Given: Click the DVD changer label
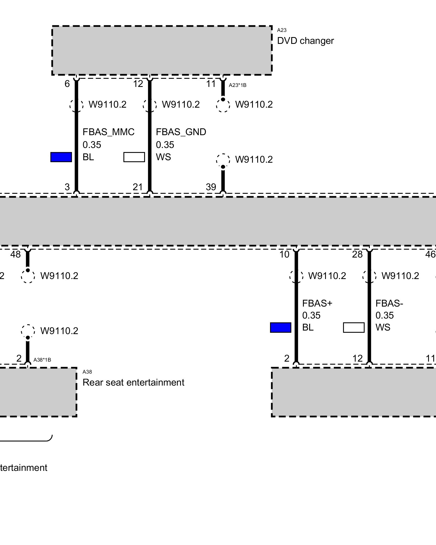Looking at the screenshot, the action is point(305,41).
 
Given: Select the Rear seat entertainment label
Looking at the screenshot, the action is point(133,382).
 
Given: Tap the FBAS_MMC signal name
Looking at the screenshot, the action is point(108,132).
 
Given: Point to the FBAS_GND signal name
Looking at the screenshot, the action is point(181,132).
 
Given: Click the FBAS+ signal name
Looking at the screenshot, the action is point(317,303).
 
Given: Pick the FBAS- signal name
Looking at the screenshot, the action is point(389,303).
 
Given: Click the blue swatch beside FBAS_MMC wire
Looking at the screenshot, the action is point(61,157).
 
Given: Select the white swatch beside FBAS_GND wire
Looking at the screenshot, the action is point(134,157).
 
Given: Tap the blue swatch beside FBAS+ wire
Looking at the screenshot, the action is point(281,328).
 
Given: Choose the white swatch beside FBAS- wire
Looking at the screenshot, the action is point(354,328).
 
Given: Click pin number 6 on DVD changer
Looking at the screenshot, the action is point(67,84).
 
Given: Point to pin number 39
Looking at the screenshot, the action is point(211,187).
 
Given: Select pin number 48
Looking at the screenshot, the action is point(16,254).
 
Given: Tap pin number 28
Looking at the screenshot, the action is point(357,254).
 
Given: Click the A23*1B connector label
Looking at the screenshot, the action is point(238,85).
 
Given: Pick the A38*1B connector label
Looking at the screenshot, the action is point(42,360).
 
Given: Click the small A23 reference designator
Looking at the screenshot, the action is point(282,30).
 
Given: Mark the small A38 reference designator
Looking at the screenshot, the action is point(87,372).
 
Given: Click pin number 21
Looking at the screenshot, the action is point(138,187).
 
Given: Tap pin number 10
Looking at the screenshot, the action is point(284,254).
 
